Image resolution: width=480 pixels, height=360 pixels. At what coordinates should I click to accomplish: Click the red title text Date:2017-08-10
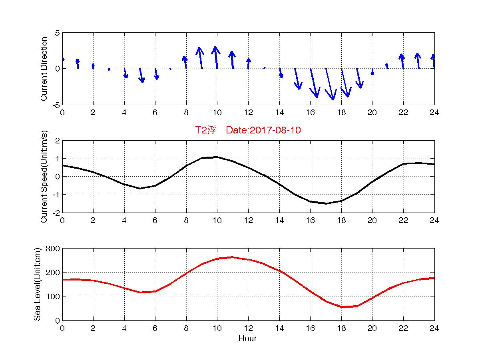[x=263, y=130]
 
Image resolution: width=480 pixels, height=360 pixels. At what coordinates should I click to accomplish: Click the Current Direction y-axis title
[x=44, y=69]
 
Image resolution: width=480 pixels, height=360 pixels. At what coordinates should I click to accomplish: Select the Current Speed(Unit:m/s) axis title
[x=44, y=177]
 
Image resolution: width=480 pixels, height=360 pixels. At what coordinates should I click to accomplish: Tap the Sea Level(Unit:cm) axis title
[x=37, y=284]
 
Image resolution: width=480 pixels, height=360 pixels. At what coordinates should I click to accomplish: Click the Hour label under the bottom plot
[x=247, y=339]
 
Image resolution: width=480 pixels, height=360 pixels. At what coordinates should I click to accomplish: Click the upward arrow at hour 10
[x=216, y=58]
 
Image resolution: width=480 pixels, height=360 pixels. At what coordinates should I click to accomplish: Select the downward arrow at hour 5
[x=141, y=76]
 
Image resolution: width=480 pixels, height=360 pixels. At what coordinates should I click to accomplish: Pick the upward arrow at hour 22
[x=402, y=61]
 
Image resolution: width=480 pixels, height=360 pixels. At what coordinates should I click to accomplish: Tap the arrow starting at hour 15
[x=297, y=79]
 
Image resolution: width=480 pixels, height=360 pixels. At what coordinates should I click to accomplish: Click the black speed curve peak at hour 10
[x=217, y=157]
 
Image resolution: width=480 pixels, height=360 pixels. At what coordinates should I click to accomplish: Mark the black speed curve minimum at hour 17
[x=326, y=203]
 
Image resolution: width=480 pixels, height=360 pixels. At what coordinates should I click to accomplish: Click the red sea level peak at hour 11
[x=233, y=257]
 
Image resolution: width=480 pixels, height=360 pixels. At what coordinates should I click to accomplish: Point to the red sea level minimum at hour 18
[x=342, y=307]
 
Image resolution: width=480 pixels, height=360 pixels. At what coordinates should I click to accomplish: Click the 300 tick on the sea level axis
[x=54, y=249]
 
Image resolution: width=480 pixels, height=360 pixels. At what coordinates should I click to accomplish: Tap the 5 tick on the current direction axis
[x=57, y=33]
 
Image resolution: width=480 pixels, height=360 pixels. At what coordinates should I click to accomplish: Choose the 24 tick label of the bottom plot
[x=434, y=328]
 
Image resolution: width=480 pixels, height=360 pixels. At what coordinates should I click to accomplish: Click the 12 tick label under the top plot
[x=248, y=113]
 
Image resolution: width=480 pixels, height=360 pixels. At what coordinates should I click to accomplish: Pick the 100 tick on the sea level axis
[x=54, y=296]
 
